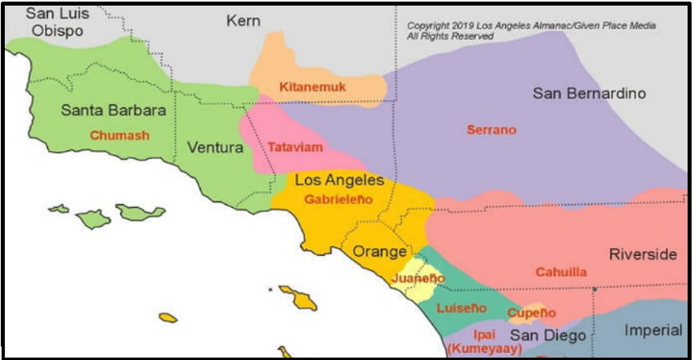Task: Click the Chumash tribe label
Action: pyautogui.click(x=119, y=135)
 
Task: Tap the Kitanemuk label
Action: pyautogui.click(x=312, y=87)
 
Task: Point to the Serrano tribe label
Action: pyautogui.click(x=491, y=130)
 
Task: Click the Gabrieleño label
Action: pyautogui.click(x=339, y=199)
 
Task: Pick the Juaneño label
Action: pyautogui.click(x=419, y=278)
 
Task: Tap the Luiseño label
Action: pyautogui.click(x=461, y=308)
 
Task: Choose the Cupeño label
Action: pyautogui.click(x=531, y=312)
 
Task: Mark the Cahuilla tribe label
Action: pyautogui.click(x=561, y=272)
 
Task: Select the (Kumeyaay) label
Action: pyautogui.click(x=485, y=349)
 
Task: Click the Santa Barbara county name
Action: pyautogui.click(x=114, y=110)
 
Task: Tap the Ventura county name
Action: pyautogui.click(x=215, y=148)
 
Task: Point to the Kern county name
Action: pyautogui.click(x=243, y=21)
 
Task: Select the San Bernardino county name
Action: pyautogui.click(x=589, y=94)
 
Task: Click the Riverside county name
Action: pyautogui.click(x=643, y=254)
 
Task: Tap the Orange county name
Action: pyautogui.click(x=380, y=251)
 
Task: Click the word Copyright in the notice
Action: pyautogui.click(x=431, y=26)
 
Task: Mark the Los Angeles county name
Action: pyautogui.click(x=339, y=181)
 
